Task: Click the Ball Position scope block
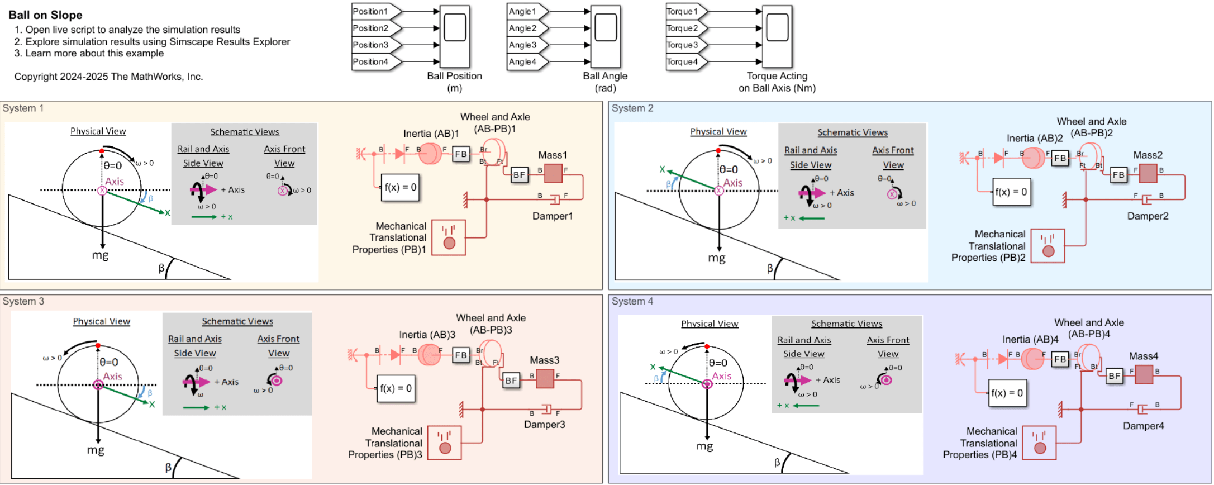coord(455,36)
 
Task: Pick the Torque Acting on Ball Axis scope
coord(777,36)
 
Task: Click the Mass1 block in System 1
coord(553,173)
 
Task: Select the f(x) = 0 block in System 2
coord(1012,192)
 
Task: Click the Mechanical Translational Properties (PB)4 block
coord(1039,443)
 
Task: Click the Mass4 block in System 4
coord(1144,374)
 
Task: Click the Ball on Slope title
coord(45,15)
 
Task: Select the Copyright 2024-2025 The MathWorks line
coord(108,77)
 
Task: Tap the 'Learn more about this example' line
coord(94,53)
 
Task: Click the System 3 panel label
coord(23,301)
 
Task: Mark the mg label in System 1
coord(100,255)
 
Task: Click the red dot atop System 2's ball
coord(718,151)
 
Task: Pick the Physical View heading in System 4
coord(710,324)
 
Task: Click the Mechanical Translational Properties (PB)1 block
coord(449,237)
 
